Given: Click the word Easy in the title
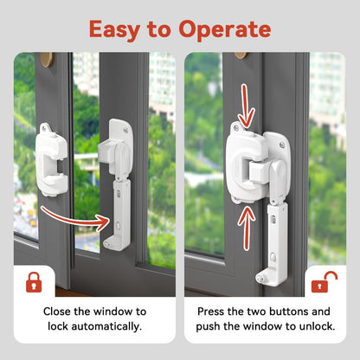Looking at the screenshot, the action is [115, 30].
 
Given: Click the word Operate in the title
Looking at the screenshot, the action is [225, 30].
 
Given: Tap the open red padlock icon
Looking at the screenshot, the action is [325, 282].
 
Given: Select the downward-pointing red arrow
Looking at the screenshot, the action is [246, 106].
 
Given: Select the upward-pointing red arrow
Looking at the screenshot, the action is [247, 228].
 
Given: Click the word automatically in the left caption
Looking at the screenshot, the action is [106, 326].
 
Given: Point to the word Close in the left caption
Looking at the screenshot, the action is [57, 312].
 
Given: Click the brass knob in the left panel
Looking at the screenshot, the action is [47, 59].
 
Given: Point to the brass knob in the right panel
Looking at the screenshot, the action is [241, 55].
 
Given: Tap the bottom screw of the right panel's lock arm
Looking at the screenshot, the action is [260, 279].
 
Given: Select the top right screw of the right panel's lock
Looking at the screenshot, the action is [282, 145].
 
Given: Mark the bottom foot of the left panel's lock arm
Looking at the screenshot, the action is [114, 241].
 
